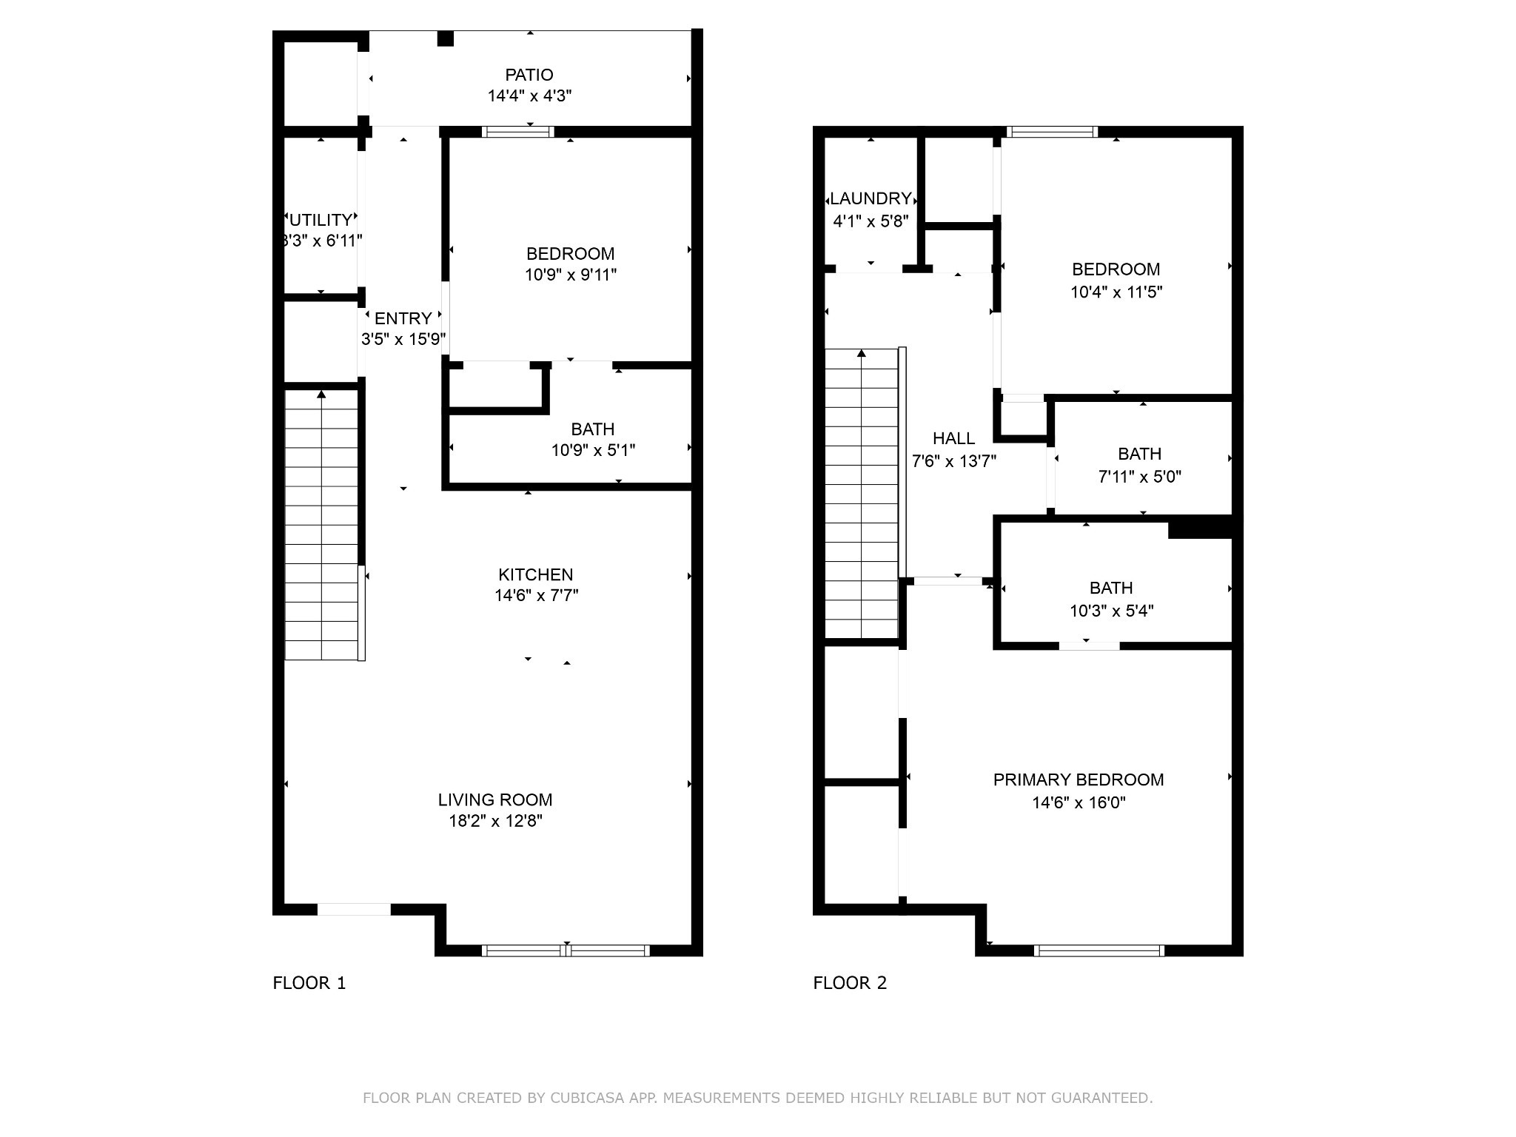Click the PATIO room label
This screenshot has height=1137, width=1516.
pyautogui.click(x=529, y=75)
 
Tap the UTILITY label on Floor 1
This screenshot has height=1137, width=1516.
pyautogui.click(x=321, y=220)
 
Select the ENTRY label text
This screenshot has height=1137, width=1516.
pyautogui.click(x=403, y=318)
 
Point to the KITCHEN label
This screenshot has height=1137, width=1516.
pyautogui.click(x=536, y=574)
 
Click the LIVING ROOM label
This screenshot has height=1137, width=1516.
pyautogui.click(x=495, y=799)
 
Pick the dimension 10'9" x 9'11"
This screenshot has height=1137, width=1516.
pyautogui.click(x=571, y=275)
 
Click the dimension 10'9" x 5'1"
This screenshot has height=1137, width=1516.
pyautogui.click(x=593, y=450)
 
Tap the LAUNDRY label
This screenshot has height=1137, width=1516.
pyautogui.click(x=871, y=198)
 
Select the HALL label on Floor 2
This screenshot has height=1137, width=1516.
pyautogui.click(x=953, y=438)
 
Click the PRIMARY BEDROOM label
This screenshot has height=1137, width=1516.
pyautogui.click(x=1079, y=779)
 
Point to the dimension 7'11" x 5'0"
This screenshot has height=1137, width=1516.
pyautogui.click(x=1140, y=477)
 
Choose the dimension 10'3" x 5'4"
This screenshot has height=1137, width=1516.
pyautogui.click(x=1112, y=611)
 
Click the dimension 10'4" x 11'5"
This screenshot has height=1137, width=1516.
pyautogui.click(x=1116, y=292)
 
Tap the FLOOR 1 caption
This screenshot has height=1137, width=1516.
pyautogui.click(x=309, y=983)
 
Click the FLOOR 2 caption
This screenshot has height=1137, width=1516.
pyautogui.click(x=850, y=983)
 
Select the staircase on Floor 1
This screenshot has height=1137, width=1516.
pyautogui.click(x=322, y=525)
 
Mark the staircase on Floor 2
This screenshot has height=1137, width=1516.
pyautogui.click(x=862, y=493)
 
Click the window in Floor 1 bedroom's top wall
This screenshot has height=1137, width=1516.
pyautogui.click(x=518, y=132)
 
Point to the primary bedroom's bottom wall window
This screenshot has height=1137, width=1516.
pyautogui.click(x=1099, y=950)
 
